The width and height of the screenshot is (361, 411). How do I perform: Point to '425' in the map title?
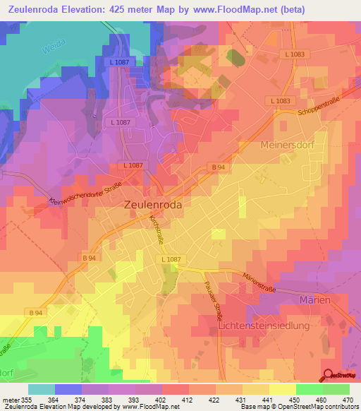click(x=116, y=9)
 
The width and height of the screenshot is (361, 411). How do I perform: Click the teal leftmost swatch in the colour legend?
click(x=42, y=388)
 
